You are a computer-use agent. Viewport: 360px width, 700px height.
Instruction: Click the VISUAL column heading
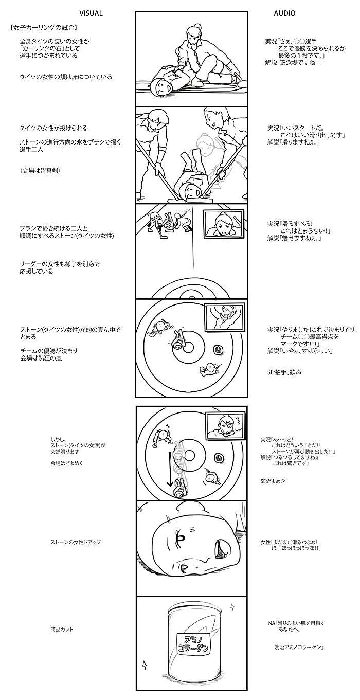click(x=91, y=13)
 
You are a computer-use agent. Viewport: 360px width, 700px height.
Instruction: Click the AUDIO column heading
click(x=284, y=13)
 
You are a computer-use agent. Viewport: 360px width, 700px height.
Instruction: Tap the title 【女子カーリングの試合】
click(x=43, y=27)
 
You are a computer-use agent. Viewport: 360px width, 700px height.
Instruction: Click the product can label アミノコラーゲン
click(x=193, y=642)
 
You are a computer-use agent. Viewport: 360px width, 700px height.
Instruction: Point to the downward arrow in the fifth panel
click(x=169, y=469)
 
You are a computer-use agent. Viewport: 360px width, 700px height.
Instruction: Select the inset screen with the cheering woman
click(x=224, y=316)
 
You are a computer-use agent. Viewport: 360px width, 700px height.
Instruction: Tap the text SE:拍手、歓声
click(x=284, y=372)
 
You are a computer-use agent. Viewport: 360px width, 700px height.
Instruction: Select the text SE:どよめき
click(x=273, y=481)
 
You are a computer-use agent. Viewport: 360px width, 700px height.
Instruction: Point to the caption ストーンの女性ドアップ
click(x=76, y=542)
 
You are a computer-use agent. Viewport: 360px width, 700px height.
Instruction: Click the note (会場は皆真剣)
click(x=40, y=171)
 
